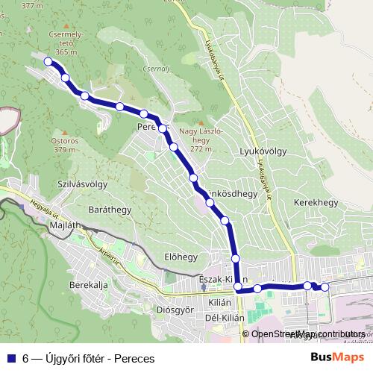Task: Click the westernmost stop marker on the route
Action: click(x=48, y=62)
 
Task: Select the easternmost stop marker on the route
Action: click(x=325, y=287)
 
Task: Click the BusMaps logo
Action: click(x=337, y=357)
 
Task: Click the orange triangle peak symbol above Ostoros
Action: click(x=64, y=128)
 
